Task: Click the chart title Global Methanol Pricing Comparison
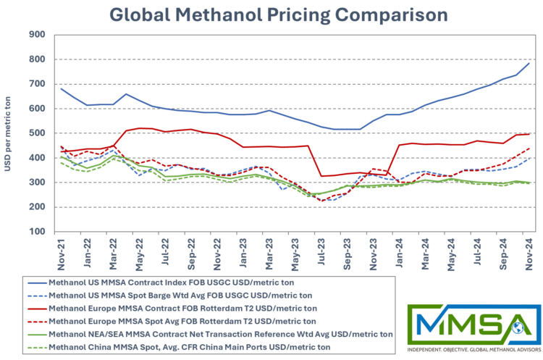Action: (x=278, y=14)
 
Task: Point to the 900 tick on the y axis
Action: (x=38, y=34)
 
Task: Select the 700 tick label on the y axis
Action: (x=38, y=84)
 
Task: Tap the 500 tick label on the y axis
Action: (x=38, y=133)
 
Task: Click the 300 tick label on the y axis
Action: (x=38, y=183)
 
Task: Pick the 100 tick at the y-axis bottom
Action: (x=38, y=232)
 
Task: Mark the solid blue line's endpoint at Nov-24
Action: (x=529, y=64)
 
